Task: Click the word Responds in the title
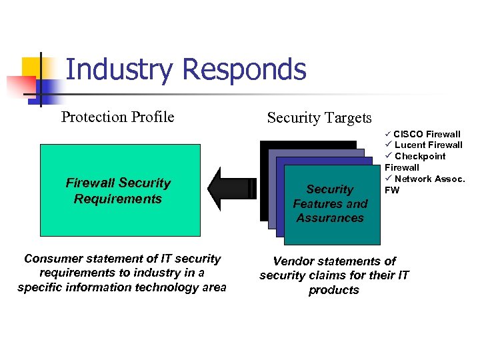(x=243, y=70)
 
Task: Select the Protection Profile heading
(x=117, y=117)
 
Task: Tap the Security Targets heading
(x=319, y=118)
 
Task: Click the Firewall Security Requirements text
(x=118, y=191)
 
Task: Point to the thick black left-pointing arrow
(x=230, y=189)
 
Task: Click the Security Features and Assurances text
(x=330, y=204)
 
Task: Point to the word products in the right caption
(x=334, y=290)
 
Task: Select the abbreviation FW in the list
(x=391, y=189)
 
